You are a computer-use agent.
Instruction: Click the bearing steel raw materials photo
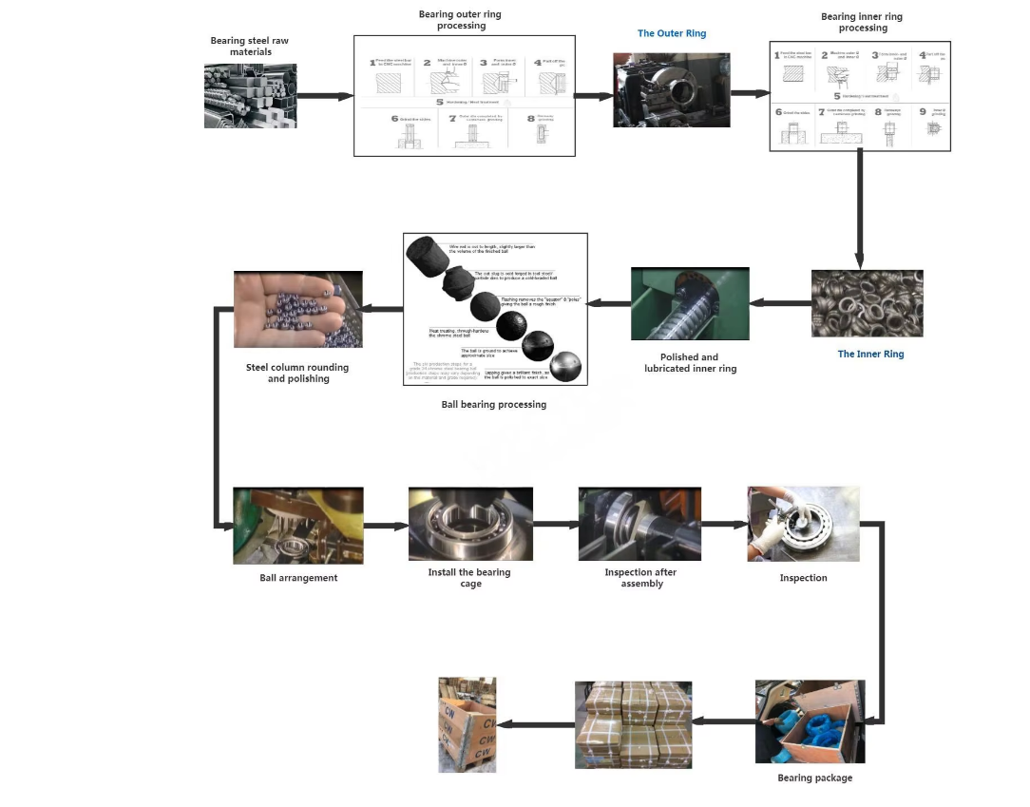[x=250, y=96]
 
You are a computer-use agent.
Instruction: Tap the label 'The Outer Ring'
[x=672, y=33]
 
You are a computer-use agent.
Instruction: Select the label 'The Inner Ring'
[x=870, y=355]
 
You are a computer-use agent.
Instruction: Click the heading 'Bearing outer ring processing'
[x=460, y=20]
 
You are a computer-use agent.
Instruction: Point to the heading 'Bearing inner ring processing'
[x=862, y=22]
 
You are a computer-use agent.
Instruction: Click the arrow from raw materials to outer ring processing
[x=325, y=96]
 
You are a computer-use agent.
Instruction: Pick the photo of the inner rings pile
[x=867, y=303]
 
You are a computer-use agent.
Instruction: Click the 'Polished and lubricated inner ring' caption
[x=690, y=363]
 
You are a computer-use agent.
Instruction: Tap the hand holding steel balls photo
[x=298, y=309]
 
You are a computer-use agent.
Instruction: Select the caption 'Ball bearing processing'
[x=494, y=405]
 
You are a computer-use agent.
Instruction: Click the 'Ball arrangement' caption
[x=298, y=578]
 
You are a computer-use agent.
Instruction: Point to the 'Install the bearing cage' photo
[x=470, y=524]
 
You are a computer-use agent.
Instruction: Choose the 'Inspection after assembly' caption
[x=640, y=578]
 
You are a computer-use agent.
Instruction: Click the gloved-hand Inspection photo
[x=803, y=524]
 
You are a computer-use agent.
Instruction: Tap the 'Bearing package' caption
[x=814, y=778]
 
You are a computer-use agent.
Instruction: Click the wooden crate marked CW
[x=467, y=724]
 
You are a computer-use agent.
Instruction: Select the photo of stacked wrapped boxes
[x=633, y=724]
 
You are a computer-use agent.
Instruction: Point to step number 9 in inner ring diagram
[x=923, y=111]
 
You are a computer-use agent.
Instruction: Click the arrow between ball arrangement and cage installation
[x=385, y=525]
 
